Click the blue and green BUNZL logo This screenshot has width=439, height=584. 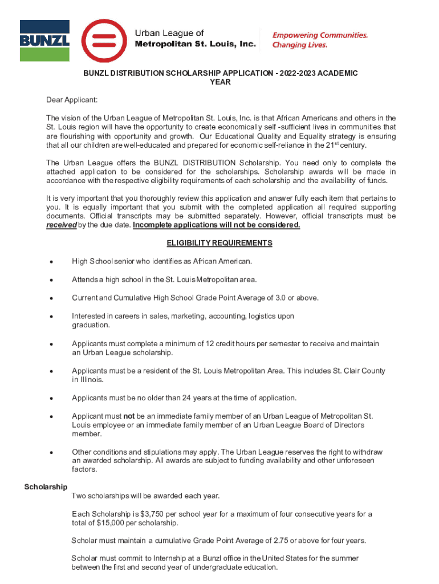[x=44, y=40]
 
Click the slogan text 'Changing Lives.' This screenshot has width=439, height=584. [x=300, y=45]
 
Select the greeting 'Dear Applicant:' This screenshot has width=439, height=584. [x=72, y=100]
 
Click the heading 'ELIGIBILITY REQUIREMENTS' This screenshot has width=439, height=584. [x=219, y=243]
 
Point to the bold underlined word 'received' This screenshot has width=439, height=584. [x=60, y=225]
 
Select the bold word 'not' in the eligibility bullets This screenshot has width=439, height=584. [x=129, y=416]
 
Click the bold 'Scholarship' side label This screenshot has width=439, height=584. [x=46, y=486]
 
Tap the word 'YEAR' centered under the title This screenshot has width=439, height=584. [x=220, y=82]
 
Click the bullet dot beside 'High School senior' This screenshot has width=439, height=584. [x=51, y=262]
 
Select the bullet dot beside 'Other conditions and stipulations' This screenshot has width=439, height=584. [x=51, y=452]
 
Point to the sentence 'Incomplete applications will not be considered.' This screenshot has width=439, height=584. [x=217, y=225]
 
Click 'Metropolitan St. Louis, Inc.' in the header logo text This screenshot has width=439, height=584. [x=195, y=44]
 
